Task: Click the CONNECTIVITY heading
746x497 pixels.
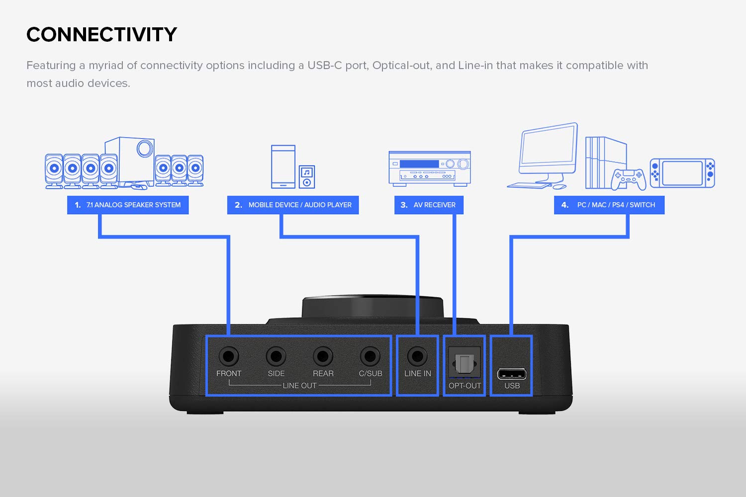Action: click(101, 34)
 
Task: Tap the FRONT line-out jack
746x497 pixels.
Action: click(229, 356)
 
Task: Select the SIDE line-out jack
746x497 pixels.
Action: click(276, 356)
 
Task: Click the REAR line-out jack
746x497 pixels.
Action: click(323, 356)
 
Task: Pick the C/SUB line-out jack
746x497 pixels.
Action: click(370, 356)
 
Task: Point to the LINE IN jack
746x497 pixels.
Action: click(417, 356)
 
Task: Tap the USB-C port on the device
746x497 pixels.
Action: click(512, 374)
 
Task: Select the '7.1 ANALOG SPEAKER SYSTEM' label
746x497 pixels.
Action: click(128, 205)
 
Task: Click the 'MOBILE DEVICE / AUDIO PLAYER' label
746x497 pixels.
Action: click(293, 205)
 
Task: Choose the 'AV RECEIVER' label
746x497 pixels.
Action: click(429, 205)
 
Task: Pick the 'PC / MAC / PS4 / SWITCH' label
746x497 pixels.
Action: click(609, 205)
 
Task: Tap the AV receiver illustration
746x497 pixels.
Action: click(430, 168)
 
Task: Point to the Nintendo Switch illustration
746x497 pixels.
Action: click(682, 173)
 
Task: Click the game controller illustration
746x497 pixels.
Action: click(629, 179)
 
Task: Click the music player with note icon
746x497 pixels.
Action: click(307, 176)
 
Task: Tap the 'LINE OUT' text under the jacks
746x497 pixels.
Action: click(299, 386)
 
